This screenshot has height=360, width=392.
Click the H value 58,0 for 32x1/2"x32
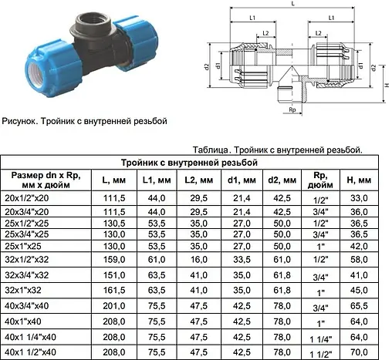click(x=359, y=259)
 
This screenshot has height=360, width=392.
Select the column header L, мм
click(x=114, y=180)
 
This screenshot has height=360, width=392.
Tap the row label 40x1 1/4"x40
click(x=30, y=337)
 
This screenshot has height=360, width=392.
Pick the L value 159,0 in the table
click(x=114, y=259)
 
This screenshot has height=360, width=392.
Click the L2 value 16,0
click(x=199, y=259)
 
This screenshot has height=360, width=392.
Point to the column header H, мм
click(x=359, y=180)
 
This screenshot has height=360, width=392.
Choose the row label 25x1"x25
click(x=23, y=246)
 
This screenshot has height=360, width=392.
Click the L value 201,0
click(x=114, y=306)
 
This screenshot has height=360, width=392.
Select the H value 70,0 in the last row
click(x=359, y=352)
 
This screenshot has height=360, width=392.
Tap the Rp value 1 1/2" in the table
click(x=321, y=355)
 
